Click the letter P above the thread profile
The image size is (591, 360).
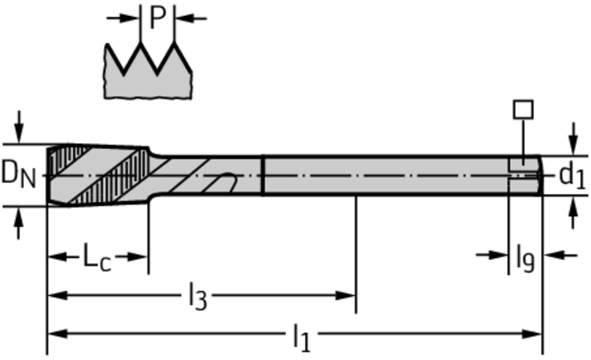click(157, 18)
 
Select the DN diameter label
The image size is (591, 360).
click(18, 174)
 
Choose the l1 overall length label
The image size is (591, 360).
click(301, 337)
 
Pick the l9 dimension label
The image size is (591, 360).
click(525, 258)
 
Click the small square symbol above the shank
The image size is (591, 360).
click(523, 110)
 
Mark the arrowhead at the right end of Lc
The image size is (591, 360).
click(141, 256)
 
